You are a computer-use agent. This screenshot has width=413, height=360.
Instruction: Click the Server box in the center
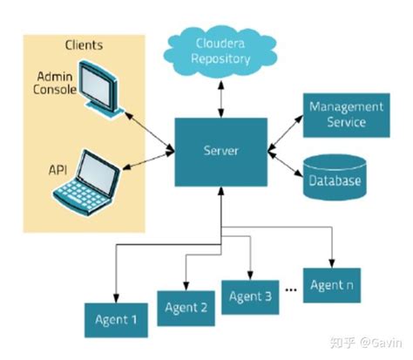tap(220, 151)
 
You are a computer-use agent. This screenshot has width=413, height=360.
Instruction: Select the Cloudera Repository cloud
tap(221, 51)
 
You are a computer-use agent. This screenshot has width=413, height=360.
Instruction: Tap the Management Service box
tap(345, 114)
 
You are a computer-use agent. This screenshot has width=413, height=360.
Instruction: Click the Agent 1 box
tap(117, 319)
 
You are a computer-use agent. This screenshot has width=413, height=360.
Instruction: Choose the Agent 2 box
tap(185, 307)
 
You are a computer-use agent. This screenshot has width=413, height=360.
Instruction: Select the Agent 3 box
tap(250, 297)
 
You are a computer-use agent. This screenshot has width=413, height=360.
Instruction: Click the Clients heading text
tap(84, 44)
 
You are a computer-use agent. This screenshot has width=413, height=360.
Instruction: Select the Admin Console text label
tap(49, 85)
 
